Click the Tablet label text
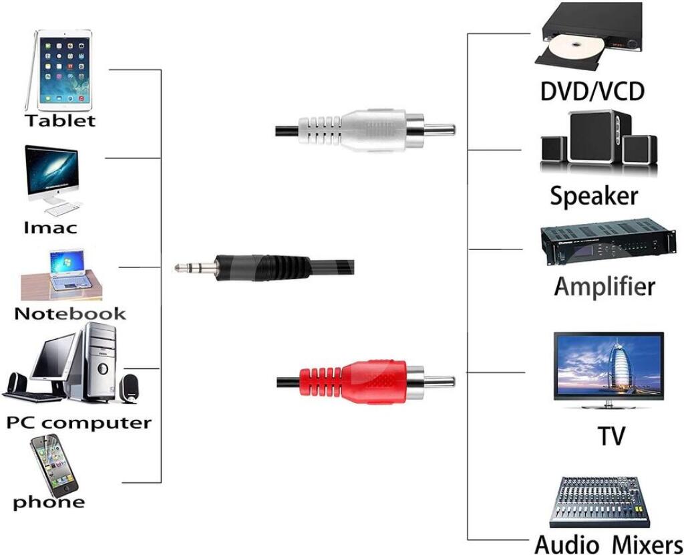coord(60,121)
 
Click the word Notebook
coord(70,313)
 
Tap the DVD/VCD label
coord(592,90)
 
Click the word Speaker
coord(594,196)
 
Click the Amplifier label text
coord(605,286)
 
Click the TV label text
coord(611,435)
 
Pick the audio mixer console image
coord(599,501)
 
